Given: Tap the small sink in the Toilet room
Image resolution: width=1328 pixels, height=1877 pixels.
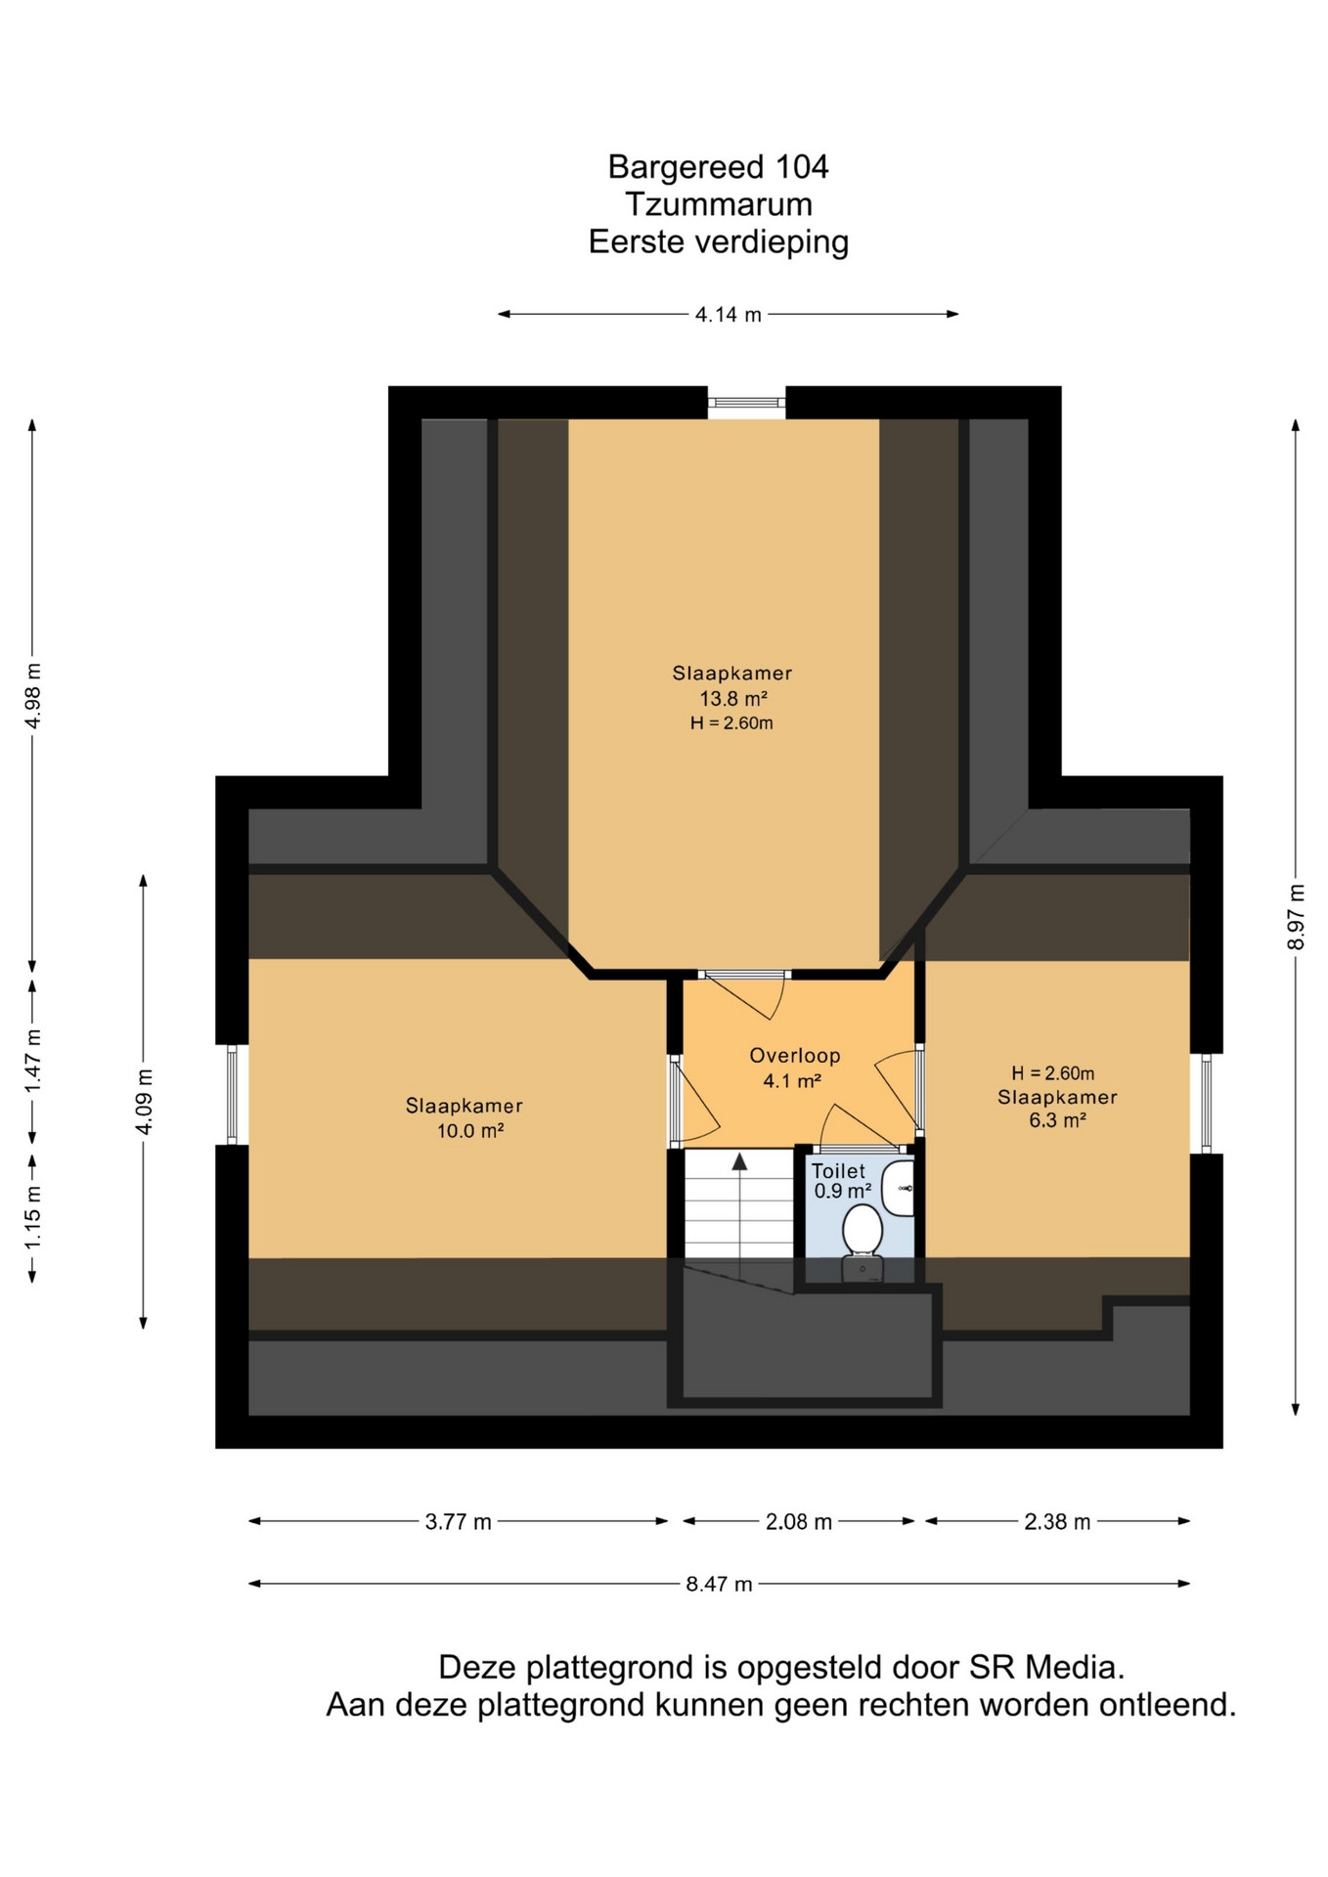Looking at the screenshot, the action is click(899, 1188).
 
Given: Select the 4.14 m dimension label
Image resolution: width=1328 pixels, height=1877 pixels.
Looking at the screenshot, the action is click(729, 315).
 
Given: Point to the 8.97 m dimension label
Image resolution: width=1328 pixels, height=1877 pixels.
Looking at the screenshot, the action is click(1296, 916).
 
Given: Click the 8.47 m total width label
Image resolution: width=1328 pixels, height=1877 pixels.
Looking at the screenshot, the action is click(719, 1584).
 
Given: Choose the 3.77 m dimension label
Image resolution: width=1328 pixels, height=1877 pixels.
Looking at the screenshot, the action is click(458, 1521).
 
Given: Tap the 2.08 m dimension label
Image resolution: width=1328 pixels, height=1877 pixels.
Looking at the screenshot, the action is click(799, 1521).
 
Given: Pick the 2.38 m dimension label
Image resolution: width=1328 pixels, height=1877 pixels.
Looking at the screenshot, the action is click(1057, 1521).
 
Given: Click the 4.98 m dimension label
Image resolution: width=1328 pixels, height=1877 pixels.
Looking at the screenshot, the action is click(33, 695).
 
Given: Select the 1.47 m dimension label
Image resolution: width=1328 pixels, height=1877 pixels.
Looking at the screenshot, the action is click(33, 1061).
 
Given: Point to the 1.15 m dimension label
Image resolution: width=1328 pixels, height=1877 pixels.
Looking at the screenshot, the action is click(33, 1217).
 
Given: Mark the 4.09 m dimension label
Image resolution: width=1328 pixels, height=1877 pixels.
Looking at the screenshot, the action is click(144, 1102).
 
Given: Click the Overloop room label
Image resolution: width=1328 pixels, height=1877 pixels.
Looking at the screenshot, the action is click(795, 1056).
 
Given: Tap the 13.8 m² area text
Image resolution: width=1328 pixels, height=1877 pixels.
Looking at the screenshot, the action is click(733, 699).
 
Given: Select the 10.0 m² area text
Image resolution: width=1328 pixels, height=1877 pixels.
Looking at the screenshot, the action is click(470, 1131).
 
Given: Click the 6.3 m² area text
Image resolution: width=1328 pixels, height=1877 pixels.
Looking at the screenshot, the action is click(1057, 1120).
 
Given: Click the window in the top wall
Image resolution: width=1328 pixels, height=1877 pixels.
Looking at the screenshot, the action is click(746, 402).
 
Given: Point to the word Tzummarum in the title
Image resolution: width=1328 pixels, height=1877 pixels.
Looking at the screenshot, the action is click(719, 204).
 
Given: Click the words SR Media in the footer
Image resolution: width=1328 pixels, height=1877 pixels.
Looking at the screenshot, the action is click(1046, 1667).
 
